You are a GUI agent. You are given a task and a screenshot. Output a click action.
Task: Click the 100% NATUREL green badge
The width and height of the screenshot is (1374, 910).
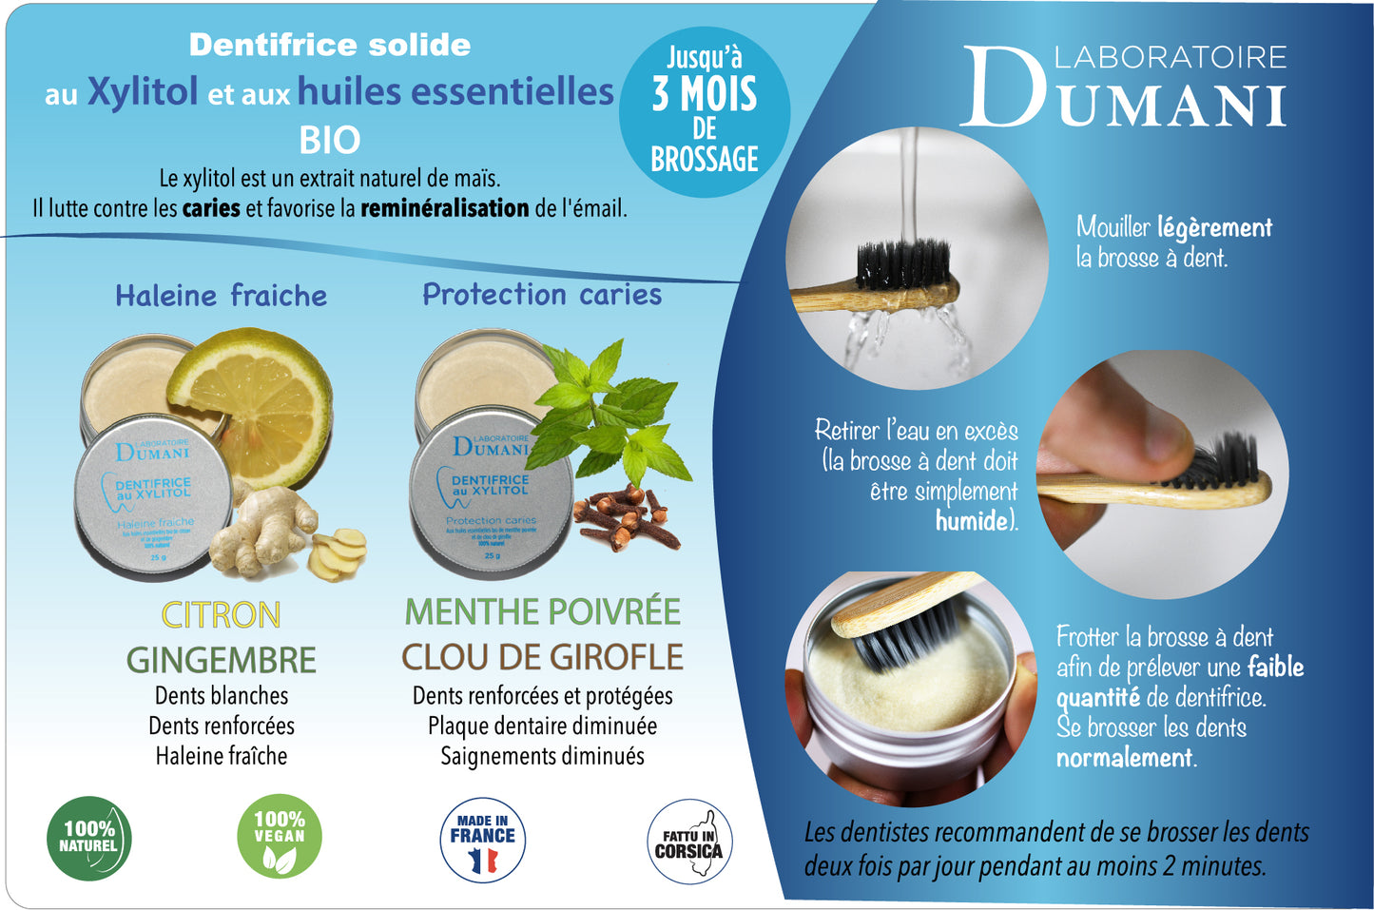pos(88,838)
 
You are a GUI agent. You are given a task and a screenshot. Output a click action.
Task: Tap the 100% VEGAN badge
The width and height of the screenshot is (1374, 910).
pos(280,837)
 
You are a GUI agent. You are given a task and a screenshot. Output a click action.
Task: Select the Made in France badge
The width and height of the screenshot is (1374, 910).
pos(483,840)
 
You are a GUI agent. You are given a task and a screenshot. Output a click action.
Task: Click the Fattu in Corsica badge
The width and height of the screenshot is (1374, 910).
pos(689,842)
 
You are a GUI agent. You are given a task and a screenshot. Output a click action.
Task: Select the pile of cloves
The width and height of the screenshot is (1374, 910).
pos(628,519)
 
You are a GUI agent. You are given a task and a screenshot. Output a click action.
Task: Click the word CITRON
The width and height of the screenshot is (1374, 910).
pos(221,615)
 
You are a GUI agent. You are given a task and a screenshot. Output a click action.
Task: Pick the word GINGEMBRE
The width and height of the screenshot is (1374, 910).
pos(221,660)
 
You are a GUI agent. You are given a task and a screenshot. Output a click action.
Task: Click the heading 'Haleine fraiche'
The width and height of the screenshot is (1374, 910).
pos(221,296)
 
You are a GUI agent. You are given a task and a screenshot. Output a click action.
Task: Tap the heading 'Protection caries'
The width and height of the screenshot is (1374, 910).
pos(542,295)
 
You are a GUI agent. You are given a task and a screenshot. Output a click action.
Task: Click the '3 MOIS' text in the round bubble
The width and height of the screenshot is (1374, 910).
pos(705,95)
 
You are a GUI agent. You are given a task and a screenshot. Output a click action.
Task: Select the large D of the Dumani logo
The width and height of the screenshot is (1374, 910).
pos(1005,87)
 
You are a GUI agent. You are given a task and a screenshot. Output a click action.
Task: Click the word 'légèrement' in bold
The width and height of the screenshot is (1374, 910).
pos(1214,228)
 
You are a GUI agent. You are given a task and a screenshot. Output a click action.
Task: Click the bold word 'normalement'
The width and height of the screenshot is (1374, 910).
pos(1125,758)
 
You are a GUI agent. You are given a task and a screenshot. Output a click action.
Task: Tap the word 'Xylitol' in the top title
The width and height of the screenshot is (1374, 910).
pos(143,92)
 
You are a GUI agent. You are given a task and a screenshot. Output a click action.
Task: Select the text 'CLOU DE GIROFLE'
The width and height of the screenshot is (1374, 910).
pos(542,657)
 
